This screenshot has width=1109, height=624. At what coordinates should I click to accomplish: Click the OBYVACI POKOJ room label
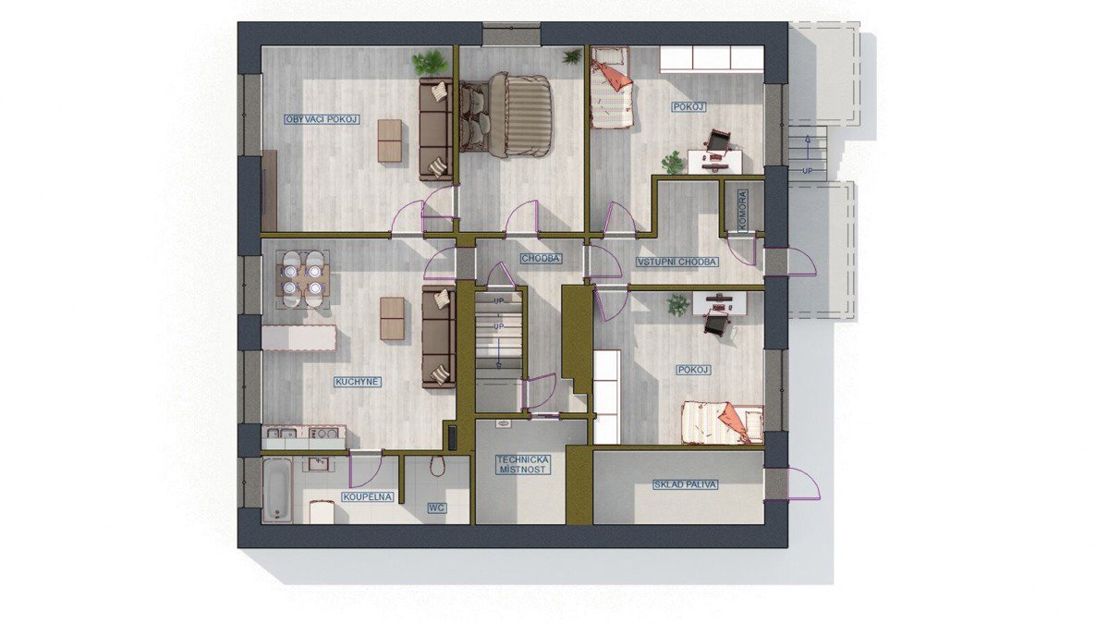322,119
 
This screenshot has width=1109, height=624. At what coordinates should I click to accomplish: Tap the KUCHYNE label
358,382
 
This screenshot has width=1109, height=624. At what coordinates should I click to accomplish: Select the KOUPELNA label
368,496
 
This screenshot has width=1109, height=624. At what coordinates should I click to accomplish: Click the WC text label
436,508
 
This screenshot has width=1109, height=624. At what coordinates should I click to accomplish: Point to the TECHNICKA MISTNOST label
523,465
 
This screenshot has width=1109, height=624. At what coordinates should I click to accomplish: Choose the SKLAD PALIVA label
685,484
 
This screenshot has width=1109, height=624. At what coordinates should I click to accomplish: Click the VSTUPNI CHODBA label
676,262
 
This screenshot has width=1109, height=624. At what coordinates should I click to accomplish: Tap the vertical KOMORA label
742,211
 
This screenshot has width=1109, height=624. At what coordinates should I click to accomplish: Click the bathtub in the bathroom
276,490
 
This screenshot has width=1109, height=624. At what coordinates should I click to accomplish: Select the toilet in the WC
436,466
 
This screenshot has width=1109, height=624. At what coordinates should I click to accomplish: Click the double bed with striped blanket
506,116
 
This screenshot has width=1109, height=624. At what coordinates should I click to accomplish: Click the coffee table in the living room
390,141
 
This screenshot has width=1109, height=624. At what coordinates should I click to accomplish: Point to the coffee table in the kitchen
392,318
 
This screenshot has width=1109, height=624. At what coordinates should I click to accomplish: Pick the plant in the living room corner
429,64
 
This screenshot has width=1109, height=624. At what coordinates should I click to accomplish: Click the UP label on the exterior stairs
808,171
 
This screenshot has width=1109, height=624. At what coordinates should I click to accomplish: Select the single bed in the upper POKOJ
612,88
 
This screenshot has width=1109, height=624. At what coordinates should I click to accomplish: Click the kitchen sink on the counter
281,434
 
